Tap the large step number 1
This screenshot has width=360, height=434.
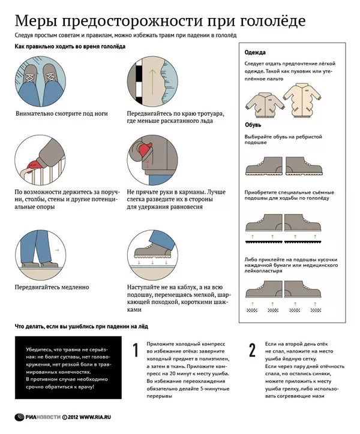click(x=136, y=350)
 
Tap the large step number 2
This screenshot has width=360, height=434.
click(x=252, y=350)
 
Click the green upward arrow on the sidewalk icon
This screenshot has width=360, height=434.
click(x=152, y=80)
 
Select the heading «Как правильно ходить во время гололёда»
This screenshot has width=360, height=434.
click(x=70, y=47)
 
